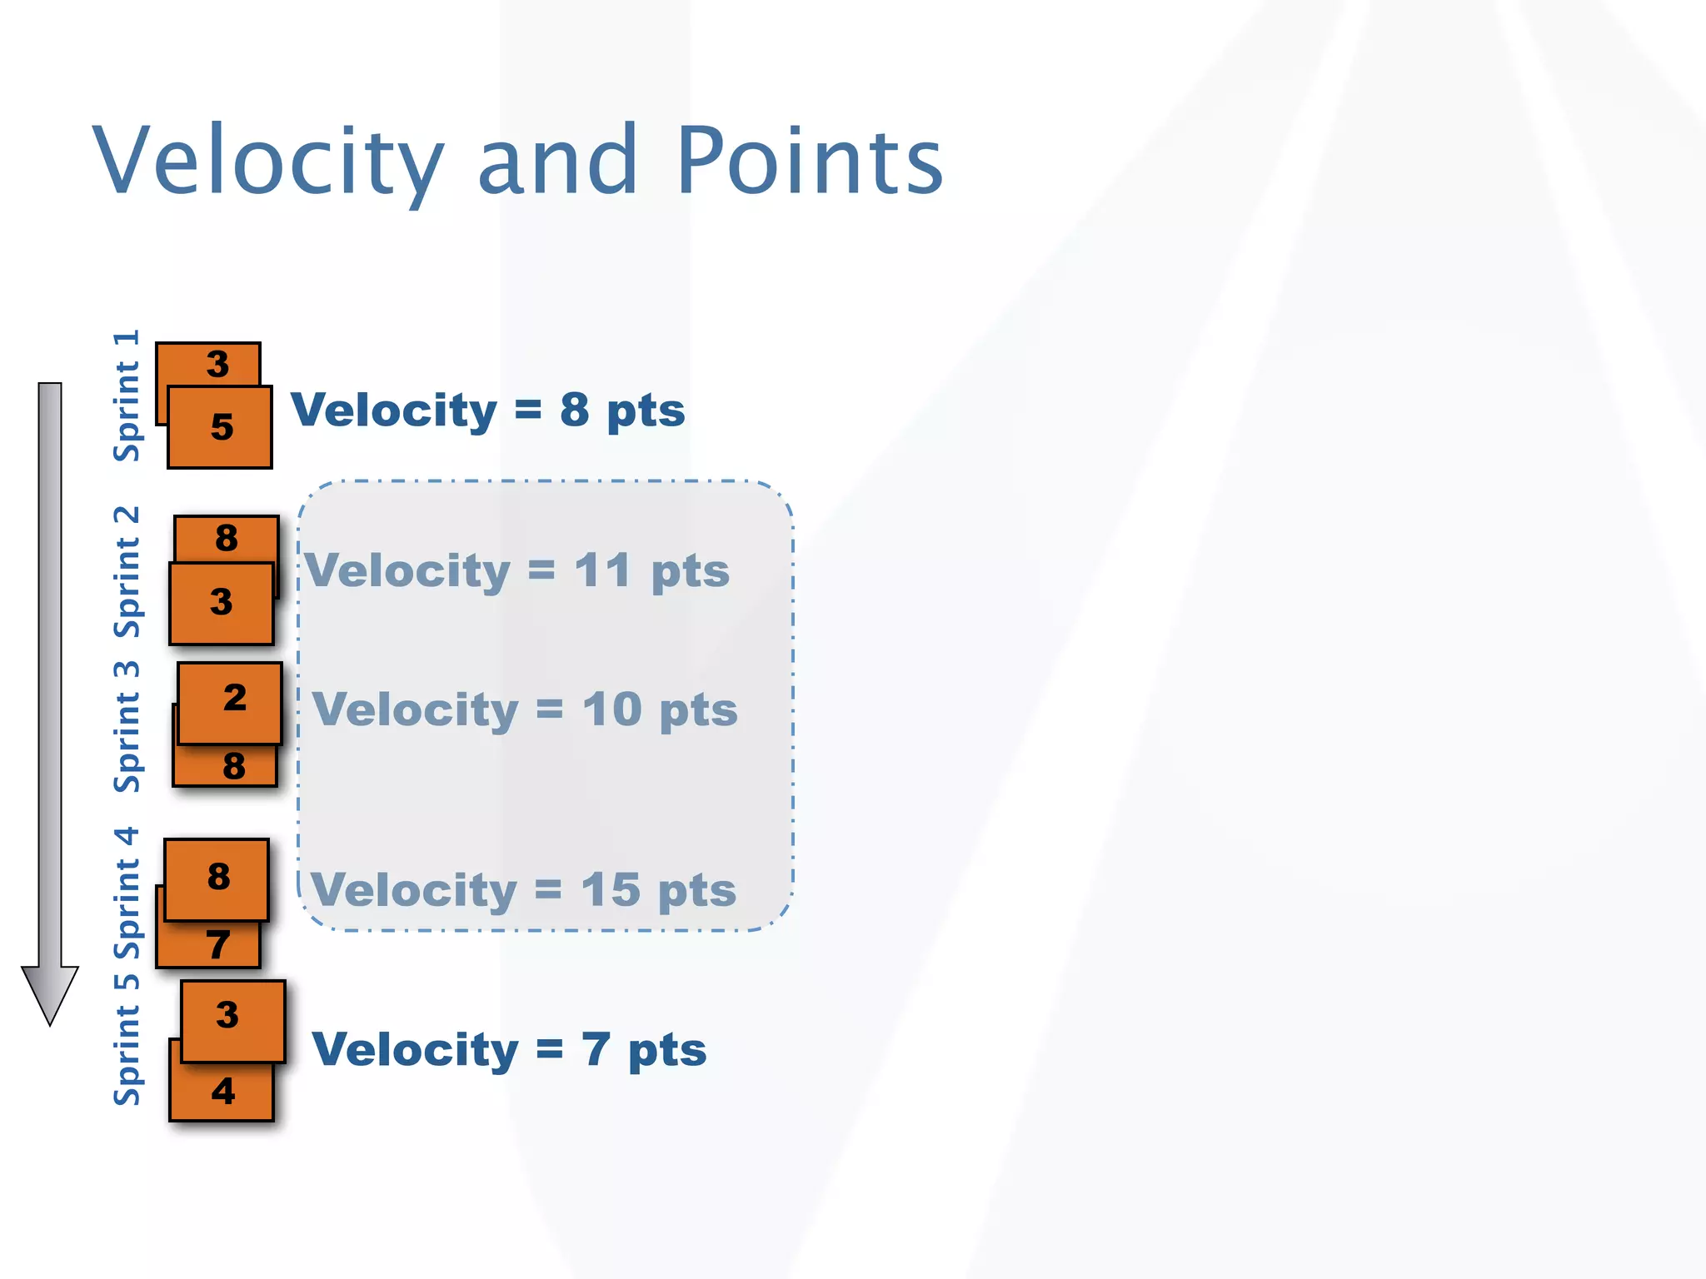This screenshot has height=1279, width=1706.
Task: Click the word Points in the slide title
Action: click(x=809, y=160)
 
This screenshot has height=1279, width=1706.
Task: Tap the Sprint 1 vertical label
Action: click(x=127, y=396)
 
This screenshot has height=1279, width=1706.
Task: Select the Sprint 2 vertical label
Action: click(x=127, y=572)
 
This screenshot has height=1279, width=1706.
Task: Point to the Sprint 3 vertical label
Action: click(x=127, y=727)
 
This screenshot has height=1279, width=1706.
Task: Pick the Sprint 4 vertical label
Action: click(x=127, y=893)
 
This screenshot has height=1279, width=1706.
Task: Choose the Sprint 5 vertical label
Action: click(x=127, y=1041)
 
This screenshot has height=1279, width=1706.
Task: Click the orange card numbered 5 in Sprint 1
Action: click(x=220, y=427)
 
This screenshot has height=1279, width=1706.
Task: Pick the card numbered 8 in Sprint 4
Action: click(x=217, y=878)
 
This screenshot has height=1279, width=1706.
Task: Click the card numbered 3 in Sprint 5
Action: click(x=233, y=1019)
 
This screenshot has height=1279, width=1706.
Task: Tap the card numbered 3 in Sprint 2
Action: click(x=221, y=603)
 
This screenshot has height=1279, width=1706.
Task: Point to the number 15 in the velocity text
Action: click(x=610, y=890)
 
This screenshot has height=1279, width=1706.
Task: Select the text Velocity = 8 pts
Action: click(x=487, y=411)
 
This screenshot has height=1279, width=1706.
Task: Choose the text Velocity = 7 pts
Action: click(x=509, y=1049)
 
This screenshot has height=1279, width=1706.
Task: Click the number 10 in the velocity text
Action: click(x=611, y=710)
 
